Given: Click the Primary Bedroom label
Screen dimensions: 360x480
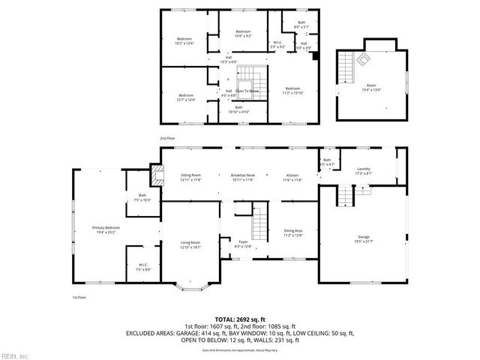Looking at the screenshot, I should coord(106,229).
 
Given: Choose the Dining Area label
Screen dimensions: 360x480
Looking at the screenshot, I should coord(292,232).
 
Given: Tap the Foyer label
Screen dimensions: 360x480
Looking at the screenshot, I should coord(243,243).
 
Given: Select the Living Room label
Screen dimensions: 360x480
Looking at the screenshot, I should coord(190,244).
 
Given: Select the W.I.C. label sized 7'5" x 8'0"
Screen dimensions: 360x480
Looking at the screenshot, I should coord(142,266).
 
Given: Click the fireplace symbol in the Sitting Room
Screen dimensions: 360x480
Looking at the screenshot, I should coord(155,175).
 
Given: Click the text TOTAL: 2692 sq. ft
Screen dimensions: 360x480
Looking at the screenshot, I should coord(239,318).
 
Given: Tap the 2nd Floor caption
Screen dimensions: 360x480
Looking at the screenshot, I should coord(166,139).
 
